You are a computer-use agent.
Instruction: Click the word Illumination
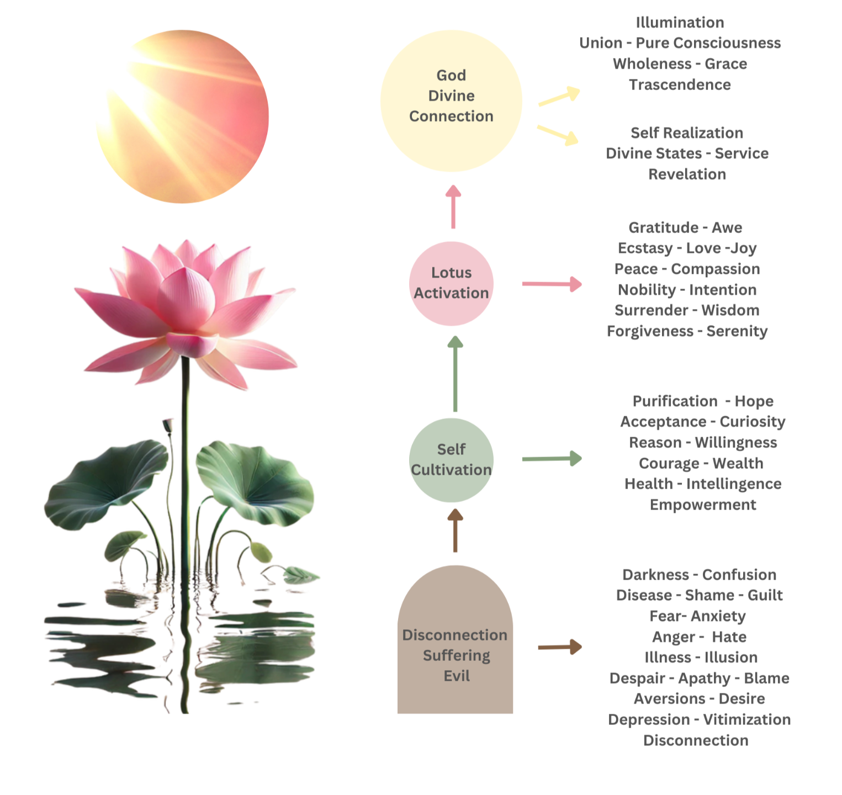pos(680,23)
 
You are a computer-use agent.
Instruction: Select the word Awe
pos(727,228)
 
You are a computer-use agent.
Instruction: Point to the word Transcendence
pos(681,84)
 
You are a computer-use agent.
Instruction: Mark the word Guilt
pos(765,596)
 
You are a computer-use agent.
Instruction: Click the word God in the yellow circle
pos(451,75)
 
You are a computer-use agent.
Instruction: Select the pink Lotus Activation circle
pos(451,283)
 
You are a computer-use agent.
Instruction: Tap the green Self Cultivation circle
pos(451,459)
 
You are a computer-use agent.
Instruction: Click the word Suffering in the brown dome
pos(457,656)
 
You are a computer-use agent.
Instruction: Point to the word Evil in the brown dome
pos(457,676)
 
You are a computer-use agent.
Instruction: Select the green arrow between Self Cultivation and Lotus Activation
pos(455,375)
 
